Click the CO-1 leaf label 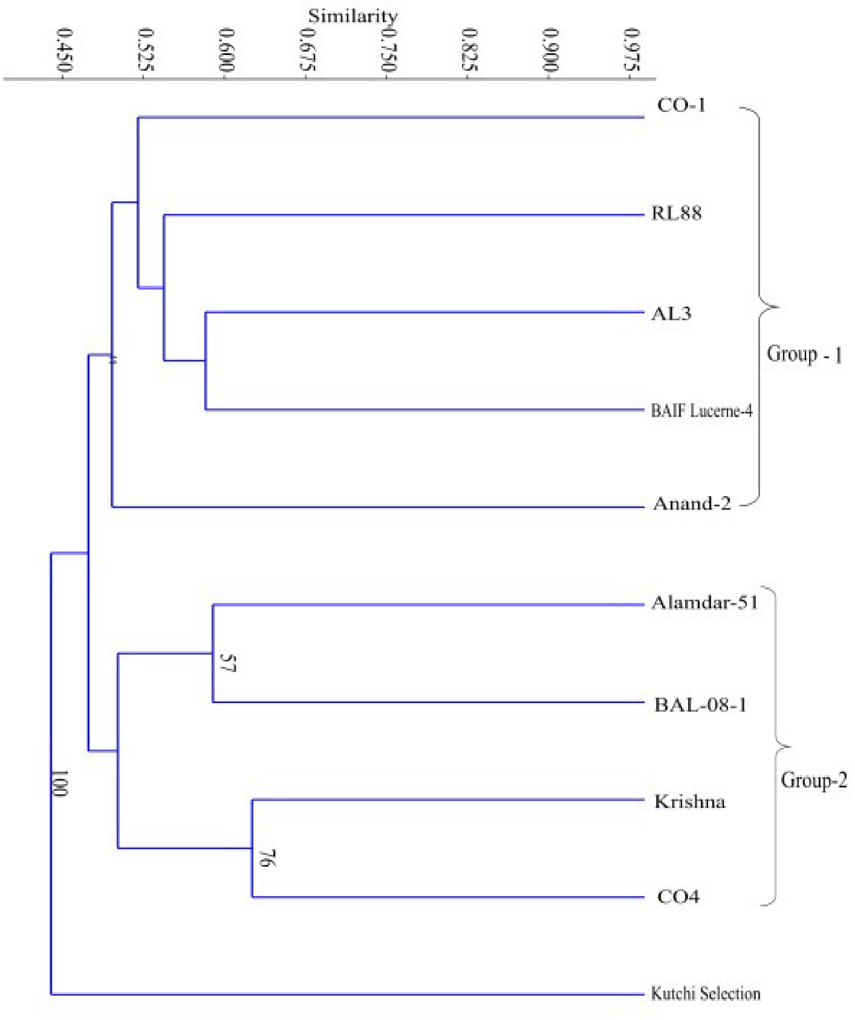click(681, 105)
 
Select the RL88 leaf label click(676, 213)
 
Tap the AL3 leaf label click(671, 314)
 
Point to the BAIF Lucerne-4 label click(702, 411)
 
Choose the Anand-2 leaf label click(692, 504)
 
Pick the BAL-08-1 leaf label click(700, 705)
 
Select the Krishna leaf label click(690, 802)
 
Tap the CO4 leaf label click(678, 896)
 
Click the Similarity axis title click(353, 16)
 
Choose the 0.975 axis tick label click(631, 50)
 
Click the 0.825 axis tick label click(470, 50)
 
